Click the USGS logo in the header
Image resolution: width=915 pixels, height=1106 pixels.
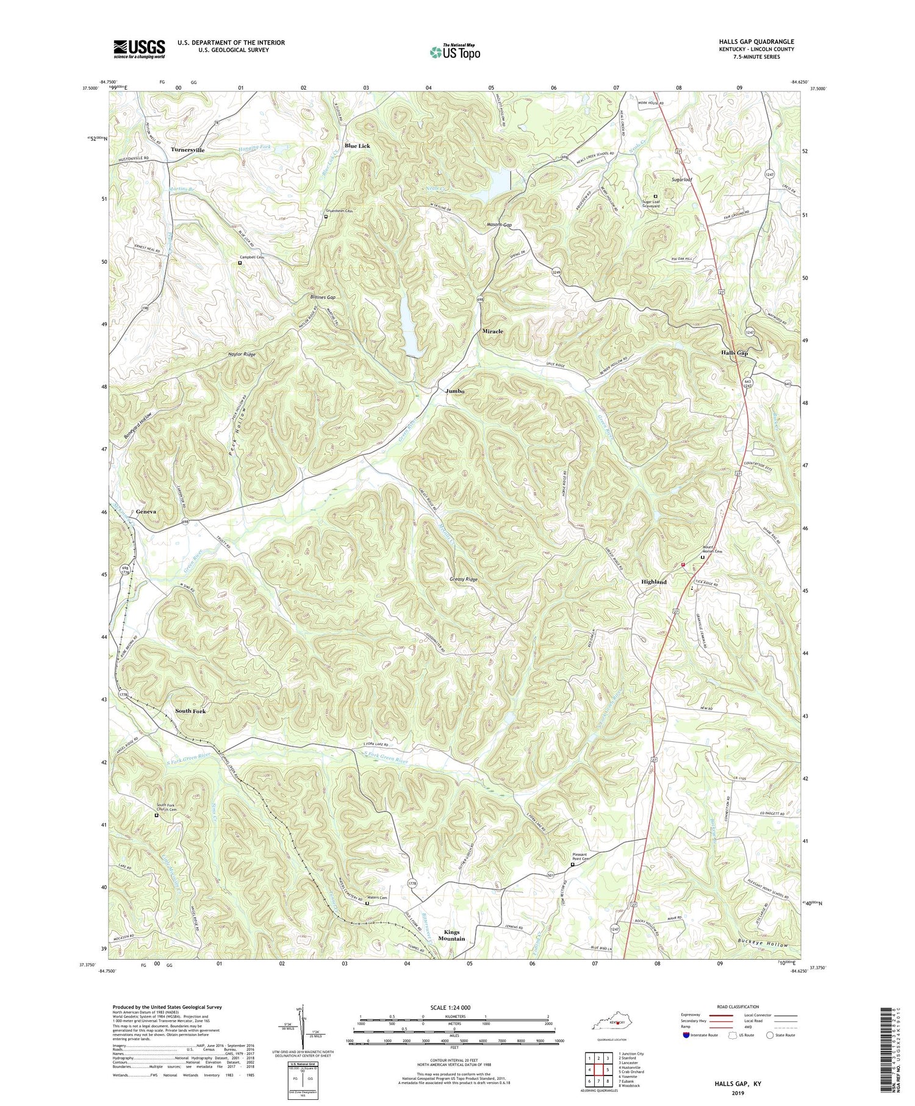pyautogui.click(x=139, y=49)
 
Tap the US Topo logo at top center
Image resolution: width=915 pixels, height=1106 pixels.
pyautogui.click(x=455, y=52)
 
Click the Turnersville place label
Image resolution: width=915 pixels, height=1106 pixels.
pyautogui.click(x=188, y=149)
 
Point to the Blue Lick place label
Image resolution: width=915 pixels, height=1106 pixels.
pyautogui.click(x=357, y=146)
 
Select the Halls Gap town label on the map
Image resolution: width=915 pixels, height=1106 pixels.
pyautogui.click(x=734, y=353)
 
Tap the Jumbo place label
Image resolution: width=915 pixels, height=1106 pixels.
pyautogui.click(x=455, y=391)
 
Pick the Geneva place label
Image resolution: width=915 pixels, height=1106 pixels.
pyautogui.click(x=146, y=511)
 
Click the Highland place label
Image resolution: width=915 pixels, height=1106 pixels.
pyautogui.click(x=653, y=582)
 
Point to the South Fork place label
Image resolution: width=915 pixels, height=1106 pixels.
pyautogui.click(x=190, y=711)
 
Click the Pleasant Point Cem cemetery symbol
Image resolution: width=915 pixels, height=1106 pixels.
pyautogui.click(x=572, y=864)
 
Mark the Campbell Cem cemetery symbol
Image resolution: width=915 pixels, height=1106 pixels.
pyautogui.click(x=240, y=263)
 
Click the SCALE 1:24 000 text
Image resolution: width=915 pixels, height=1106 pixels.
pyautogui.click(x=454, y=1007)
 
